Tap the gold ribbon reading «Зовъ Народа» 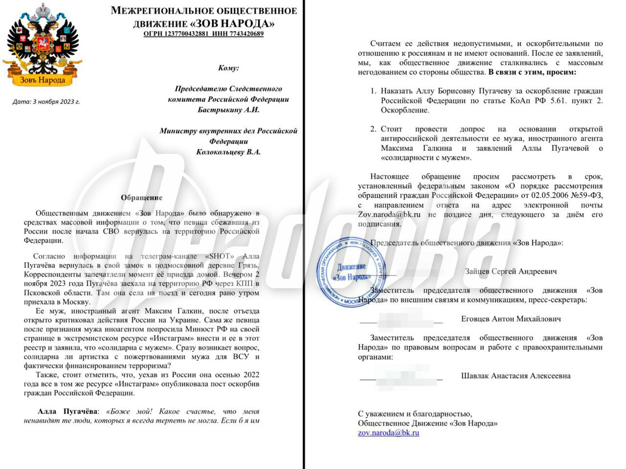[x=43, y=80]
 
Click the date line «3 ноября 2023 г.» [x=56, y=102]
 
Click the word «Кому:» [x=228, y=68]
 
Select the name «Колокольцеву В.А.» [x=228, y=152]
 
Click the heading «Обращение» [x=141, y=198]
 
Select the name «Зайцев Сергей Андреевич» [x=511, y=271]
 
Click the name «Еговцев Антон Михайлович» [x=511, y=319]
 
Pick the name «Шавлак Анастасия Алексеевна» [x=515, y=376]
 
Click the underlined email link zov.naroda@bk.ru [x=388, y=433]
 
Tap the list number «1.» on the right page [x=373, y=91]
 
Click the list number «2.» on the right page [x=373, y=129]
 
